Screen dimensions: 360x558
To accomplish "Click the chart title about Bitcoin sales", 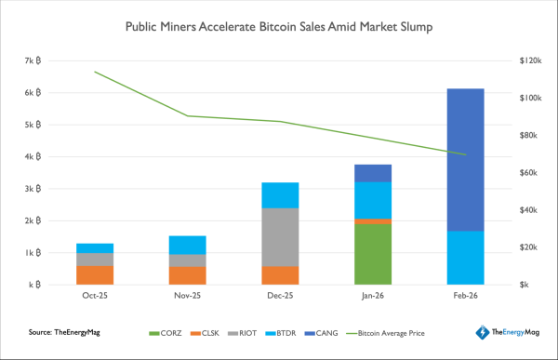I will click(x=279, y=28).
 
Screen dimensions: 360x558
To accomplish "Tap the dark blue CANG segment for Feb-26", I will click(x=465, y=159).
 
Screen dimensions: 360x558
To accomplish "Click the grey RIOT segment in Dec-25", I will click(x=280, y=236).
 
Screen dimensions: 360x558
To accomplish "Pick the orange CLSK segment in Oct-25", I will click(x=95, y=274).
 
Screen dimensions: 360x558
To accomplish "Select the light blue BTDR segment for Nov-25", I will click(x=187, y=245).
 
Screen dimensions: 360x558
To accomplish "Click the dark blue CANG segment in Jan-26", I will click(x=372, y=173).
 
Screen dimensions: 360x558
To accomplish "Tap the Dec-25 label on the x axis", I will click(x=280, y=298).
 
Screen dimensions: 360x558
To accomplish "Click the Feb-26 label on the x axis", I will click(x=465, y=298).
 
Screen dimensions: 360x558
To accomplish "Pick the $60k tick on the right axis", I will click(x=530, y=173).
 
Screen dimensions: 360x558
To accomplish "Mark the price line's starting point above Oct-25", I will click(x=95, y=72).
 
